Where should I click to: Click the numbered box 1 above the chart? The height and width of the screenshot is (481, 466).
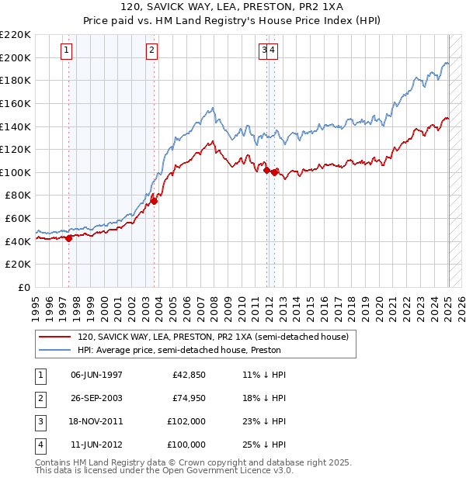(x=68, y=51)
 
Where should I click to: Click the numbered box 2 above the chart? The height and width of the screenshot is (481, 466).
(x=152, y=51)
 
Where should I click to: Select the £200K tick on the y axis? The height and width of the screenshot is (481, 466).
(x=16, y=57)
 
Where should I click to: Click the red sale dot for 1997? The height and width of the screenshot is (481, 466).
(x=68, y=238)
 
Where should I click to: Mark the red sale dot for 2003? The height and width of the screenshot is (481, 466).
(x=154, y=201)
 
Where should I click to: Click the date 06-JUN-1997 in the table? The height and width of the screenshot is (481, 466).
(x=97, y=375)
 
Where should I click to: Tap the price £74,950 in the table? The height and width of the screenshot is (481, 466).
(x=186, y=399)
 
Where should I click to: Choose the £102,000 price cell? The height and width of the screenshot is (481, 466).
(x=186, y=422)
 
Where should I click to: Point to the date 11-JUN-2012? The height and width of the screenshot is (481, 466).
(x=97, y=445)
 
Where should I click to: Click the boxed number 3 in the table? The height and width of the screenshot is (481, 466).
(x=40, y=422)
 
